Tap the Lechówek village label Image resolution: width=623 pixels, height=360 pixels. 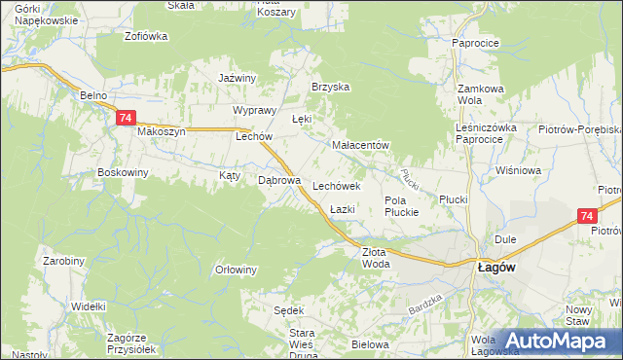[x=337, y=185]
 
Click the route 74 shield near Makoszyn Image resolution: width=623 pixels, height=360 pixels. [x=125, y=118]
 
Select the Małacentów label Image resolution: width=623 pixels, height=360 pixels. [x=360, y=146]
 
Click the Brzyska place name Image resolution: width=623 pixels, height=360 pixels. [x=330, y=87]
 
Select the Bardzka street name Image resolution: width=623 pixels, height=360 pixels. [x=425, y=306]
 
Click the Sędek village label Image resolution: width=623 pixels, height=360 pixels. [x=289, y=310]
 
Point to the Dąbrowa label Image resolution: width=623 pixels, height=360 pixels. [x=277, y=180]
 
